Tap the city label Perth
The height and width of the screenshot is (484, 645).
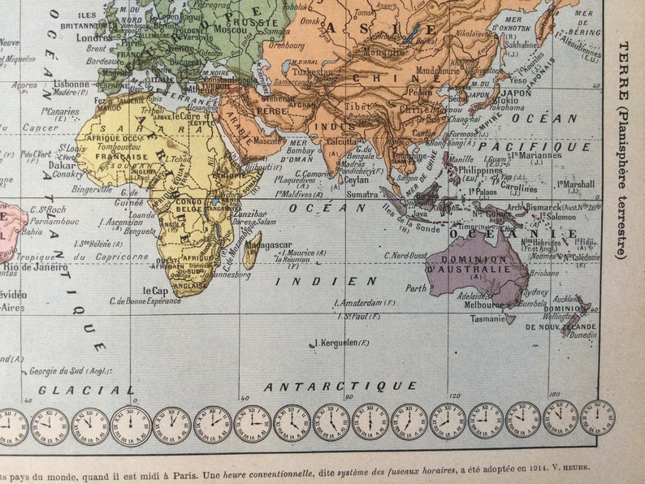point(417,287)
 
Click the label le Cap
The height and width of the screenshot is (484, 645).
point(156,290)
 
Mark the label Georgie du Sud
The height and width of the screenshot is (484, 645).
point(57,372)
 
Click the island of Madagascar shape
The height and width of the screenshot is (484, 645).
point(251,248)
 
